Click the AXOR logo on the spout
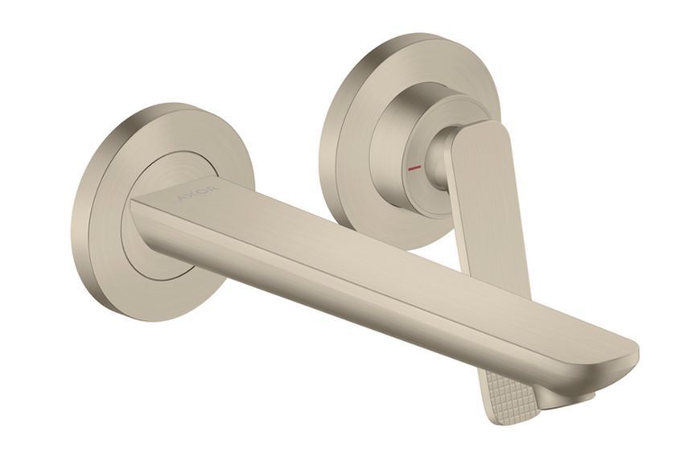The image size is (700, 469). (x=197, y=192)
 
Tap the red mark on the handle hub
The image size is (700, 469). (x=414, y=168)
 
